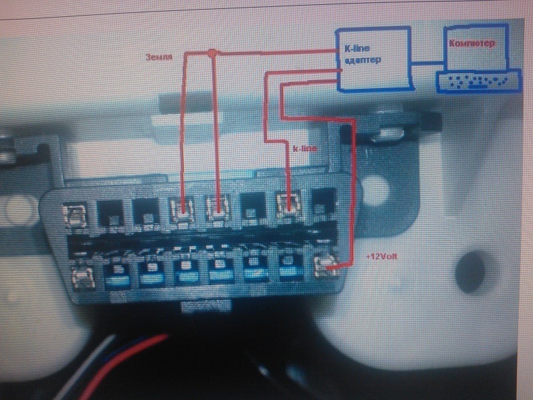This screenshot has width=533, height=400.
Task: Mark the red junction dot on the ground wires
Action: pos(212,53)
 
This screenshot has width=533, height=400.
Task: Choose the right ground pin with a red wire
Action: pos(216,210)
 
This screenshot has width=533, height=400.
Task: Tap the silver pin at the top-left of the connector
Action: pos(75,214)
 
